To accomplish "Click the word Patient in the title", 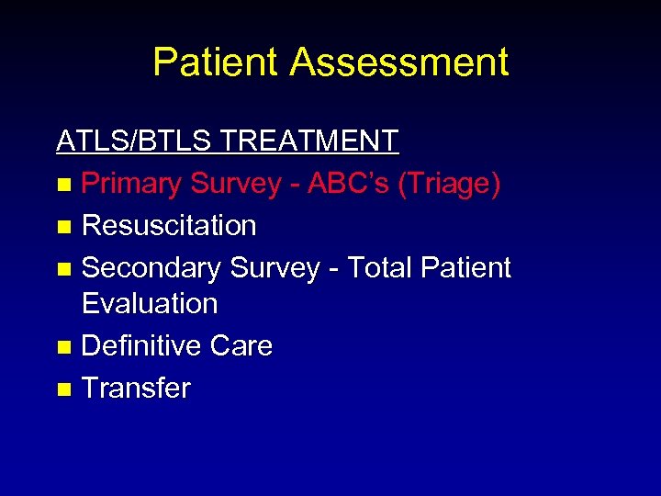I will coord(215,62).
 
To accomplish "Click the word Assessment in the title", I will coord(399,62).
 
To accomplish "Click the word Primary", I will coord(131,184).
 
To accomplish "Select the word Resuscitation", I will coord(169,225).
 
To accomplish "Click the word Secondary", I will coord(151,267).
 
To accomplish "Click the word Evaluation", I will coord(150,303).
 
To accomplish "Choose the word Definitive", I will coord(141,345).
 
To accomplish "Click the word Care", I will coord(241,345).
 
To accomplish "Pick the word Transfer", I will coord(136,388).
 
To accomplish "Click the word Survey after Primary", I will coord(235,184).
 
